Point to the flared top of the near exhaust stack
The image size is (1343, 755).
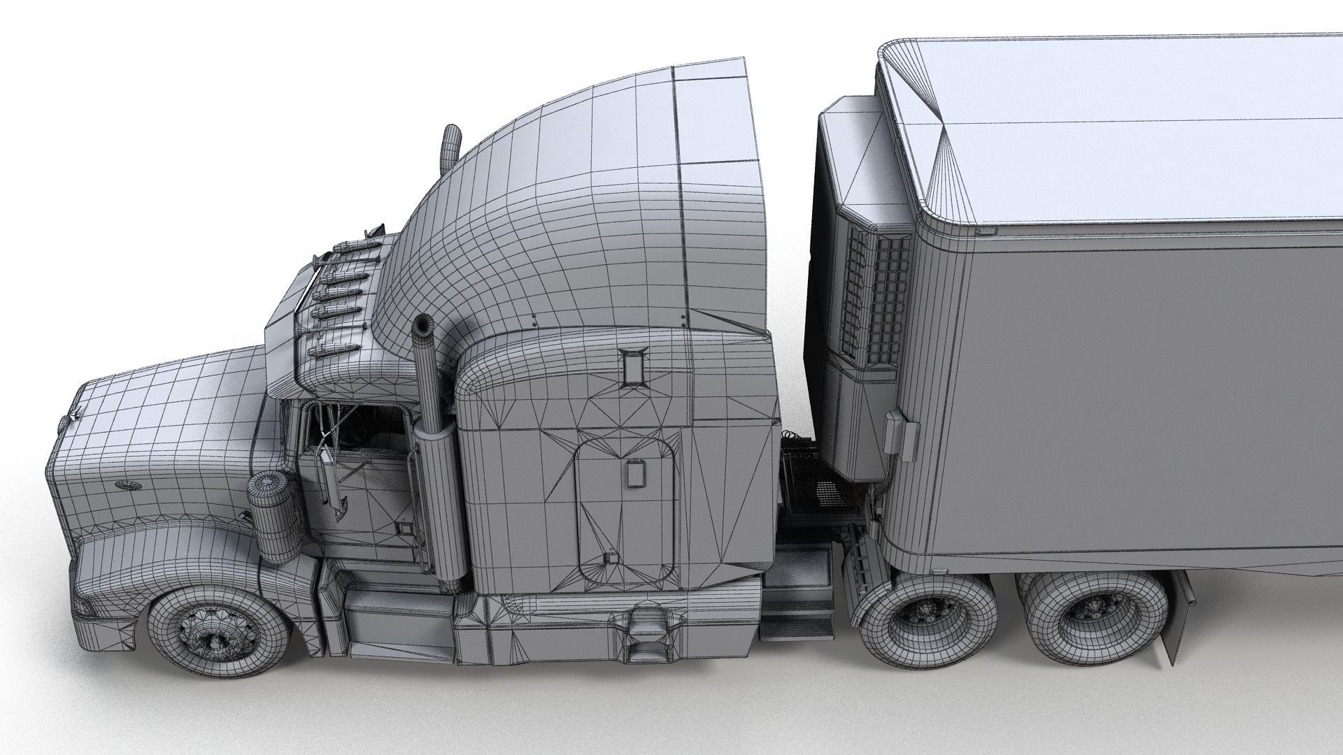click(x=423, y=326)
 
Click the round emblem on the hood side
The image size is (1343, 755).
click(x=126, y=485)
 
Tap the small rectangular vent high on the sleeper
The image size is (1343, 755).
click(x=634, y=367)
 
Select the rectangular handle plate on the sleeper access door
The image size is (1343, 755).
click(x=635, y=474)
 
